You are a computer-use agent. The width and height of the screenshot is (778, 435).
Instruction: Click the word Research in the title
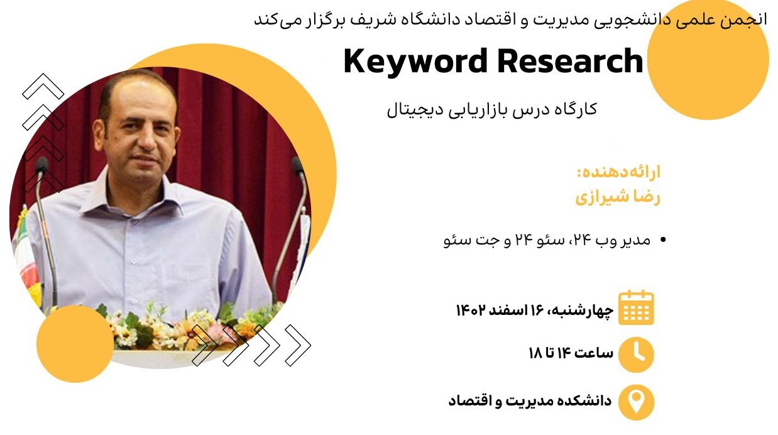click(x=570, y=61)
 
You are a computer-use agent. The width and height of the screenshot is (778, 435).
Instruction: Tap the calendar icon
click(x=636, y=308)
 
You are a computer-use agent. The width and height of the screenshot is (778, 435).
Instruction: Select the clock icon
click(x=637, y=355)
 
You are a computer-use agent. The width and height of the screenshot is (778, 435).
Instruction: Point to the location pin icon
click(x=637, y=402)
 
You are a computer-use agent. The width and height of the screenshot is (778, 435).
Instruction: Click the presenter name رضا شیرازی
click(x=618, y=197)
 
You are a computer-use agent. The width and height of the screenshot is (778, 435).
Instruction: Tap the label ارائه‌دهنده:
click(x=618, y=173)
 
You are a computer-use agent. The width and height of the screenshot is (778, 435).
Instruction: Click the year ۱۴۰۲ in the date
click(x=470, y=310)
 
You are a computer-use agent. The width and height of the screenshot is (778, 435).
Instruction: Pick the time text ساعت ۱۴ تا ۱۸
click(x=571, y=353)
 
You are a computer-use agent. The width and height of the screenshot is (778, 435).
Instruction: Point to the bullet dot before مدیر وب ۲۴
click(x=663, y=240)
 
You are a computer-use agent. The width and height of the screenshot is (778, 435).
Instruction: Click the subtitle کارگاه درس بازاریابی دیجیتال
click(x=492, y=110)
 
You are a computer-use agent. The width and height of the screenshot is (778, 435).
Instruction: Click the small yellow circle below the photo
click(x=75, y=344)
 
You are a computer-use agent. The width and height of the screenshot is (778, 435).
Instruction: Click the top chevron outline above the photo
click(x=43, y=86)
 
